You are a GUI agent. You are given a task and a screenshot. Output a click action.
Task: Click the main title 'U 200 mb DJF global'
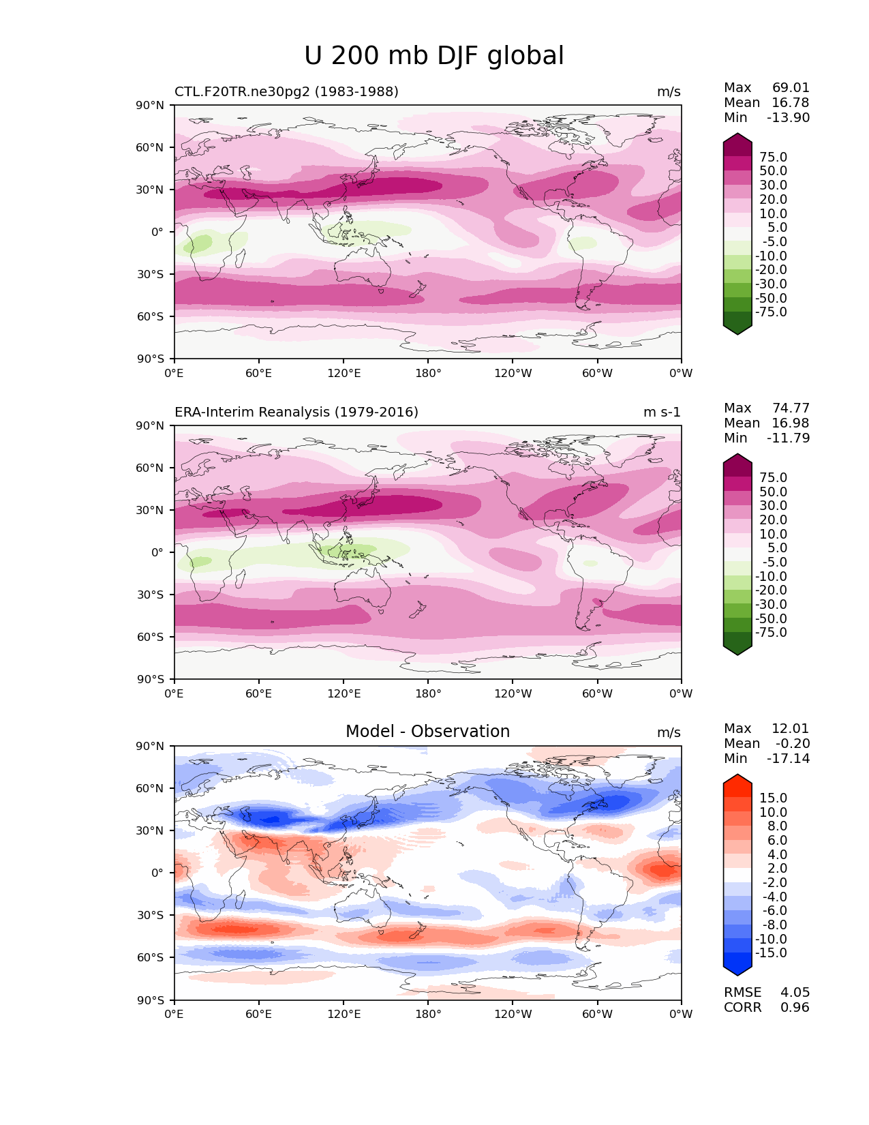click(434, 56)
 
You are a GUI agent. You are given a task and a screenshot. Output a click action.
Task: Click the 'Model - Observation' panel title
click(427, 732)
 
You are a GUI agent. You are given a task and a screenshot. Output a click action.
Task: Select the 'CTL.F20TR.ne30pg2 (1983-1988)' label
click(286, 92)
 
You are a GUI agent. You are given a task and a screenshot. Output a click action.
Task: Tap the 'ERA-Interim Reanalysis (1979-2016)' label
click(296, 412)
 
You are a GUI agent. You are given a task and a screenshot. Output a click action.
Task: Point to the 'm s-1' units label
click(662, 412)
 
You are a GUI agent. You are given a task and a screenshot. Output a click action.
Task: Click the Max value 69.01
click(791, 88)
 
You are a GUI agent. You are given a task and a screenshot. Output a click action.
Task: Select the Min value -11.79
click(788, 438)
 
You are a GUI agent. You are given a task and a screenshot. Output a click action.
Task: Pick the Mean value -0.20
click(793, 744)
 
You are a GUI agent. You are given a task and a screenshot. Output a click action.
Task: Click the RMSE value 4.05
click(795, 993)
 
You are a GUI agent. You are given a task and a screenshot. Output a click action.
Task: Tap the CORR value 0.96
click(795, 1008)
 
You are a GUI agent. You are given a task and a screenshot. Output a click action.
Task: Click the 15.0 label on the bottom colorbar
click(773, 798)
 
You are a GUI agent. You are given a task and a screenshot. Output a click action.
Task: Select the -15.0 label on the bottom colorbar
click(771, 953)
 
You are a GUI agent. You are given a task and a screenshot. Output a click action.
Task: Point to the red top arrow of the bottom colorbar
click(737, 782)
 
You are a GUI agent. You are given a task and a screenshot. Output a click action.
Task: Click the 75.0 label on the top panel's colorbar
click(773, 157)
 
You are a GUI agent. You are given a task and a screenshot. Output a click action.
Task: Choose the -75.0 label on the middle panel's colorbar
click(771, 633)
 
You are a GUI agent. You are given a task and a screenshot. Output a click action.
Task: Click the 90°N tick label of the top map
click(151, 106)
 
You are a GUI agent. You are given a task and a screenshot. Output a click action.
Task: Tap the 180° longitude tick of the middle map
click(428, 694)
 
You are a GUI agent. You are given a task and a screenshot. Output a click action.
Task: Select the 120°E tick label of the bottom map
click(344, 1015)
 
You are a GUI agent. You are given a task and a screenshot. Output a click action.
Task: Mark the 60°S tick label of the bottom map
click(151, 958)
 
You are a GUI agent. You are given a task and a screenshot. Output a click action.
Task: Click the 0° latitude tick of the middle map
click(157, 552)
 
